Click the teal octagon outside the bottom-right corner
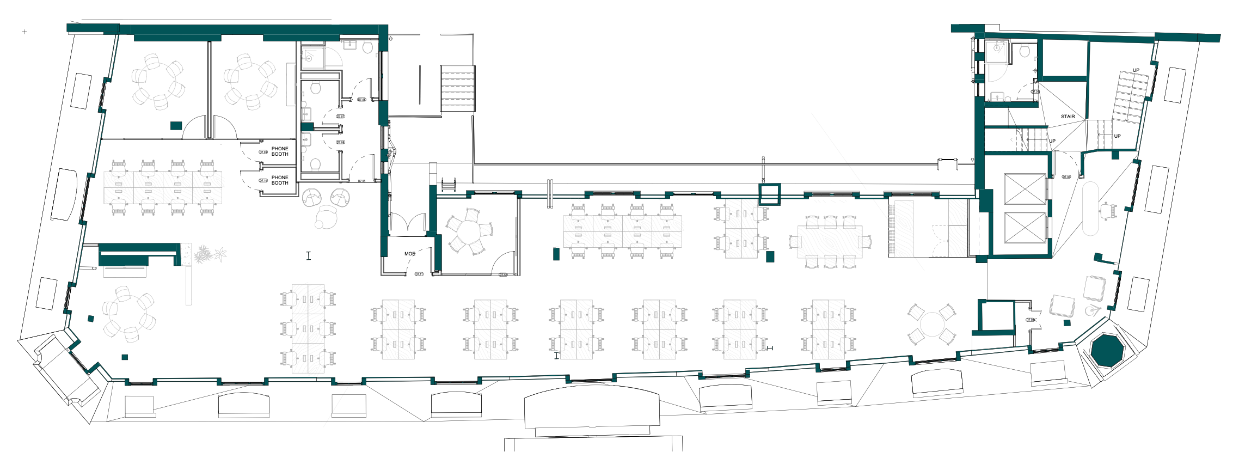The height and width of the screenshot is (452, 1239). coord(1107,351)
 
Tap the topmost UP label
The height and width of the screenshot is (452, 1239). coord(1136,70)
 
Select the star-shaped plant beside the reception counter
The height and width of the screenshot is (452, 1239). coord(220,254)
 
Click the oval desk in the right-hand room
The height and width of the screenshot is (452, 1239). coord(1090,209)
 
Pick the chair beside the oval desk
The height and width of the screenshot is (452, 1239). coord(1108,210)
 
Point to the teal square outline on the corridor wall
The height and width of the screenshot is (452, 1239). coord(770,194)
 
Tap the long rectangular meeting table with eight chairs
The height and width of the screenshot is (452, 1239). coord(830,241)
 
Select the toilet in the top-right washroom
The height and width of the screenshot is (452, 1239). coord(1025,51)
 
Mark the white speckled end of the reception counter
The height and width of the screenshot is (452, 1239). coord(186,254)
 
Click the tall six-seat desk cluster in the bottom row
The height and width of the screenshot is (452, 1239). coord(308,328)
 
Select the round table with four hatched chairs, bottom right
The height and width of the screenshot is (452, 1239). coord(932,325)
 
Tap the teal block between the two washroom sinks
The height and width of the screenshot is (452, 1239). coord(307,127)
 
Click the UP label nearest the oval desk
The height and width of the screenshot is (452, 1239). coord(1117,136)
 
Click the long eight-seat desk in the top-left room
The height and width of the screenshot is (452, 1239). coord(163,187)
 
